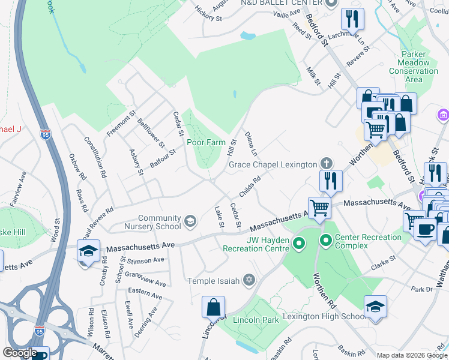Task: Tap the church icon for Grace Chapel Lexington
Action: [326, 163]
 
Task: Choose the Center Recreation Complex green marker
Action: [327, 242]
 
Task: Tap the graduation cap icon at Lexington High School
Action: [375, 307]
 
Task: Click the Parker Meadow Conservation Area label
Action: [414, 67]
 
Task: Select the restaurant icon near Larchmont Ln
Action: [352, 19]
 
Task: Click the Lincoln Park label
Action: [256, 320]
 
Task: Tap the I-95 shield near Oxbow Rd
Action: [46, 131]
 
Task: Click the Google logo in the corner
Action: [20, 353]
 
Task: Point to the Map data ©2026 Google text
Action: [411, 355]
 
